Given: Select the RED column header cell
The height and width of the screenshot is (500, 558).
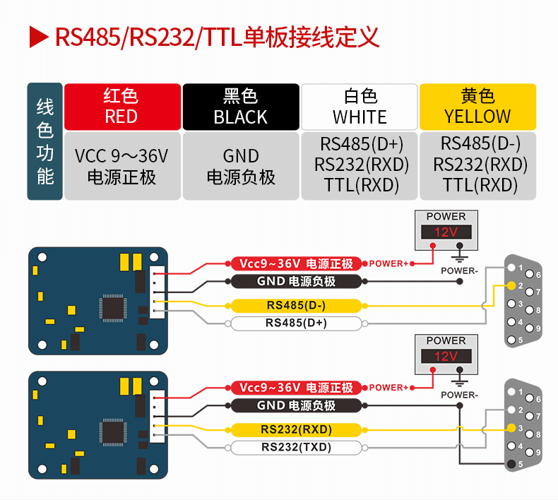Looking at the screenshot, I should click(121, 106).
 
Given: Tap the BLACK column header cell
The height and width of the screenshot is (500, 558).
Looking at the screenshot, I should click(240, 106).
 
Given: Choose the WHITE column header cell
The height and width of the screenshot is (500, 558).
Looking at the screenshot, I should click(360, 106).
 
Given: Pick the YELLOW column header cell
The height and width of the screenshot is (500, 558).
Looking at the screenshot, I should click(477, 106).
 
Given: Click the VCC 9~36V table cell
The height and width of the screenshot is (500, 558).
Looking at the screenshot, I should click(121, 165).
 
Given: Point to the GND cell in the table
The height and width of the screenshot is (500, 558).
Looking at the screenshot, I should click(240, 165).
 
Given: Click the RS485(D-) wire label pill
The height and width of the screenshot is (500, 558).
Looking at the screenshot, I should click(295, 306).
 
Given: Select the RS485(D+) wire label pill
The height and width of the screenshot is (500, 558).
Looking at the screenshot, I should click(295, 323).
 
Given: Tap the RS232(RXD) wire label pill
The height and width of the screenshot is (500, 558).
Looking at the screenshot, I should click(295, 429).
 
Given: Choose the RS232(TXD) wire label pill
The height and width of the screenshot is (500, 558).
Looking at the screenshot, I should click(295, 447).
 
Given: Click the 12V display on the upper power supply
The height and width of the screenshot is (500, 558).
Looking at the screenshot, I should click(446, 232).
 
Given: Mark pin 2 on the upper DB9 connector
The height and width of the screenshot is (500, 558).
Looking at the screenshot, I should click(511, 286).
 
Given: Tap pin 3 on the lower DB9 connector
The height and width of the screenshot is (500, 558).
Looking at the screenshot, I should click(511, 428).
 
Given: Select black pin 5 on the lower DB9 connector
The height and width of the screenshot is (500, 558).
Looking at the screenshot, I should click(511, 464).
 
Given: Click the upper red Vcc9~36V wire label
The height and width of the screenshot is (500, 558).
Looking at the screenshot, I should click(295, 263).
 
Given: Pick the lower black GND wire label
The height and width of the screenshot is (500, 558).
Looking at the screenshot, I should click(295, 405).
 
